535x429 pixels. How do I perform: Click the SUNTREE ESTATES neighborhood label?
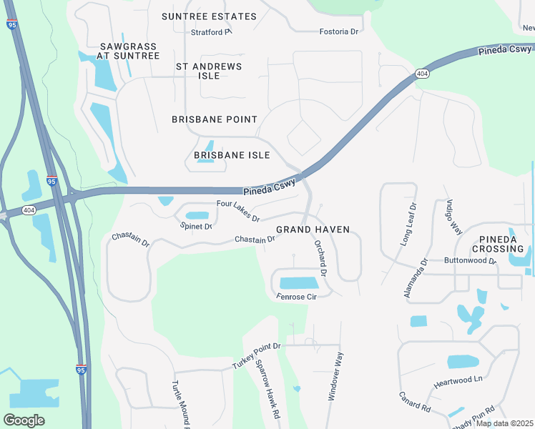pyautogui.click(x=209, y=16)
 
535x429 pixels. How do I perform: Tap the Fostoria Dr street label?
pyautogui.click(x=338, y=31)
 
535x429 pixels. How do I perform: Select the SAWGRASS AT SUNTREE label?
pyautogui.click(x=129, y=51)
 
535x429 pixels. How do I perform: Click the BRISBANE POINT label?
pyautogui.click(x=215, y=119)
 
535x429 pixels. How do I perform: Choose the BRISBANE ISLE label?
pyautogui.click(x=232, y=155)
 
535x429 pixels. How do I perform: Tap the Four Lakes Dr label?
pyautogui.click(x=237, y=211)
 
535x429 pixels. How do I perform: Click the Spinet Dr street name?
pyautogui.click(x=196, y=227)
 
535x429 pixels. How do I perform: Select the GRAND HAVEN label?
pyautogui.click(x=313, y=230)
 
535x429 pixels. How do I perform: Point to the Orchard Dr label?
pyautogui.click(x=320, y=258)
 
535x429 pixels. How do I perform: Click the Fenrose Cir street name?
pyautogui.click(x=296, y=296)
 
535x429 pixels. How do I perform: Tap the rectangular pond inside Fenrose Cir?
pyautogui.click(x=300, y=283)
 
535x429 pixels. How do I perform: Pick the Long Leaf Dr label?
pyautogui.click(x=407, y=225)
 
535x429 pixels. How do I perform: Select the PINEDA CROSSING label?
pyautogui.click(x=498, y=244)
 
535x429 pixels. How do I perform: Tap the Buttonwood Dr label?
pyautogui.click(x=470, y=261)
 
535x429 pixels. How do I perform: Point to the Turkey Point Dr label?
pyautogui.click(x=257, y=355)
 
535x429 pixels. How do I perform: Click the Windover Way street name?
pyautogui.click(x=335, y=375)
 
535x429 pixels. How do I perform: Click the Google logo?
pyautogui.click(x=24, y=420)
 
